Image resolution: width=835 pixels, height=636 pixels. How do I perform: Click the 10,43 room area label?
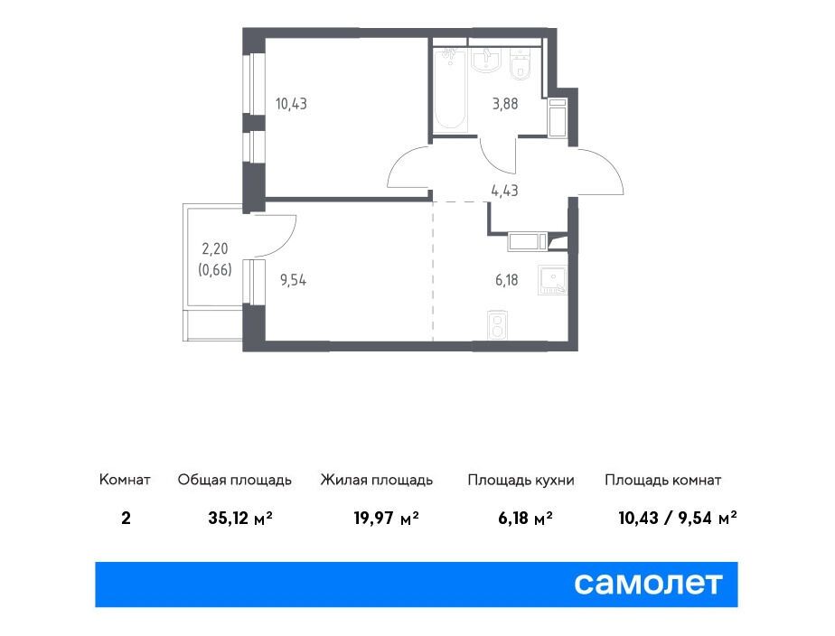(291, 103)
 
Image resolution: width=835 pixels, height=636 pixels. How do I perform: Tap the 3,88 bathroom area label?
(505, 103)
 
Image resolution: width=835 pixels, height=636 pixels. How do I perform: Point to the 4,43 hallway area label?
(504, 190)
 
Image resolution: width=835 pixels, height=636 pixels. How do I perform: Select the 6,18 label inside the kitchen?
(506, 279)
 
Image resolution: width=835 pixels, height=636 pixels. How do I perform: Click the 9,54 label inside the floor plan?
(293, 279)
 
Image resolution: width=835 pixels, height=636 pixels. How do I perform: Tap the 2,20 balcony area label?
(214, 248)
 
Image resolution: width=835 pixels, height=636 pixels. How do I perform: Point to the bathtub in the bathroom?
(450, 90)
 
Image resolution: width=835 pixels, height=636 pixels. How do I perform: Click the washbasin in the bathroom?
(485, 60)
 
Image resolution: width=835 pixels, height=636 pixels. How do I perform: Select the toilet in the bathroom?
(520, 64)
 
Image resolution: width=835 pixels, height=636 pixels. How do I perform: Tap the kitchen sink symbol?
(552, 280)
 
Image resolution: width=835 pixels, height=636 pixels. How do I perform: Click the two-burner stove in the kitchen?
(497, 324)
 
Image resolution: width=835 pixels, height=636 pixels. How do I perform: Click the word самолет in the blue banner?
(648, 584)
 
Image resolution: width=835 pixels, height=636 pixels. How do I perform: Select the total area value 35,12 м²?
(240, 518)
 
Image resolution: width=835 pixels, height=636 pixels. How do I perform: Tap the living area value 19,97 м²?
(386, 518)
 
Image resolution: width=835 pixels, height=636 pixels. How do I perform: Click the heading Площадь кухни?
(521, 480)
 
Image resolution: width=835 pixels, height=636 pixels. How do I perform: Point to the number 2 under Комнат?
(126, 518)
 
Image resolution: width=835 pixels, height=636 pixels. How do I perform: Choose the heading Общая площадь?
(235, 480)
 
